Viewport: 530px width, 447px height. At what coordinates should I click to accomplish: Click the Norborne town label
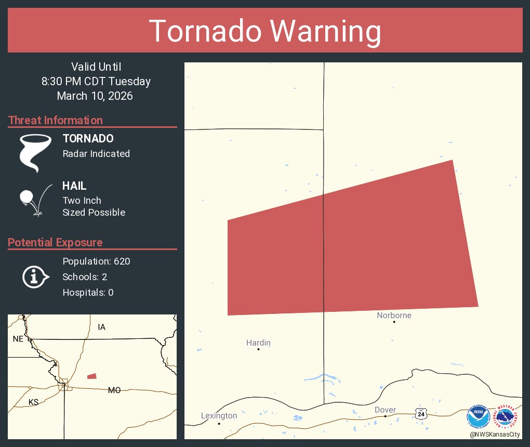[x=394, y=315]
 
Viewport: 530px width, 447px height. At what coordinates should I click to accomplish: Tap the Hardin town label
[x=258, y=343]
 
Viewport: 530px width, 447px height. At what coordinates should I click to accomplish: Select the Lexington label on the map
[x=219, y=415]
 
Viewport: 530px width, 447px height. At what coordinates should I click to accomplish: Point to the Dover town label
[x=385, y=410]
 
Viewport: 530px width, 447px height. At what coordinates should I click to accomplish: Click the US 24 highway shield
[x=420, y=414]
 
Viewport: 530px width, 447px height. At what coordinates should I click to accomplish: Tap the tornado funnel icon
[x=35, y=153]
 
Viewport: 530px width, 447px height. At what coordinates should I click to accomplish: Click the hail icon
[x=34, y=200]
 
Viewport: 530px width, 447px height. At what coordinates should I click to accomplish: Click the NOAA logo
[x=478, y=416]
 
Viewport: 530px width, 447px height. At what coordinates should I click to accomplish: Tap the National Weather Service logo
[x=507, y=416]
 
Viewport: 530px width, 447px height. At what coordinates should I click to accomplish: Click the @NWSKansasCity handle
[x=495, y=434]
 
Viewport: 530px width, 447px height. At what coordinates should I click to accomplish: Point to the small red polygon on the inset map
[x=91, y=376]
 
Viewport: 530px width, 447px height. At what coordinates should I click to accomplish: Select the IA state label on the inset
[x=101, y=327]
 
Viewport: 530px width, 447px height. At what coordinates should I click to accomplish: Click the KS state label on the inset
[x=33, y=402]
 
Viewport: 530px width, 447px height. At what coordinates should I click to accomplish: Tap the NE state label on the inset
[x=18, y=339]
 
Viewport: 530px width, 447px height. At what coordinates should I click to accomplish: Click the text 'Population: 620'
[x=96, y=261]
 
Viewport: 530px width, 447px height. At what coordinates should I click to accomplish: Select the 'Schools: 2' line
[x=85, y=277]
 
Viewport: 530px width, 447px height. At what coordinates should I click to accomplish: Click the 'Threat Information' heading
[x=56, y=120]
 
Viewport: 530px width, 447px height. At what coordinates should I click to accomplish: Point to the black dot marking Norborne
[x=394, y=322]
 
